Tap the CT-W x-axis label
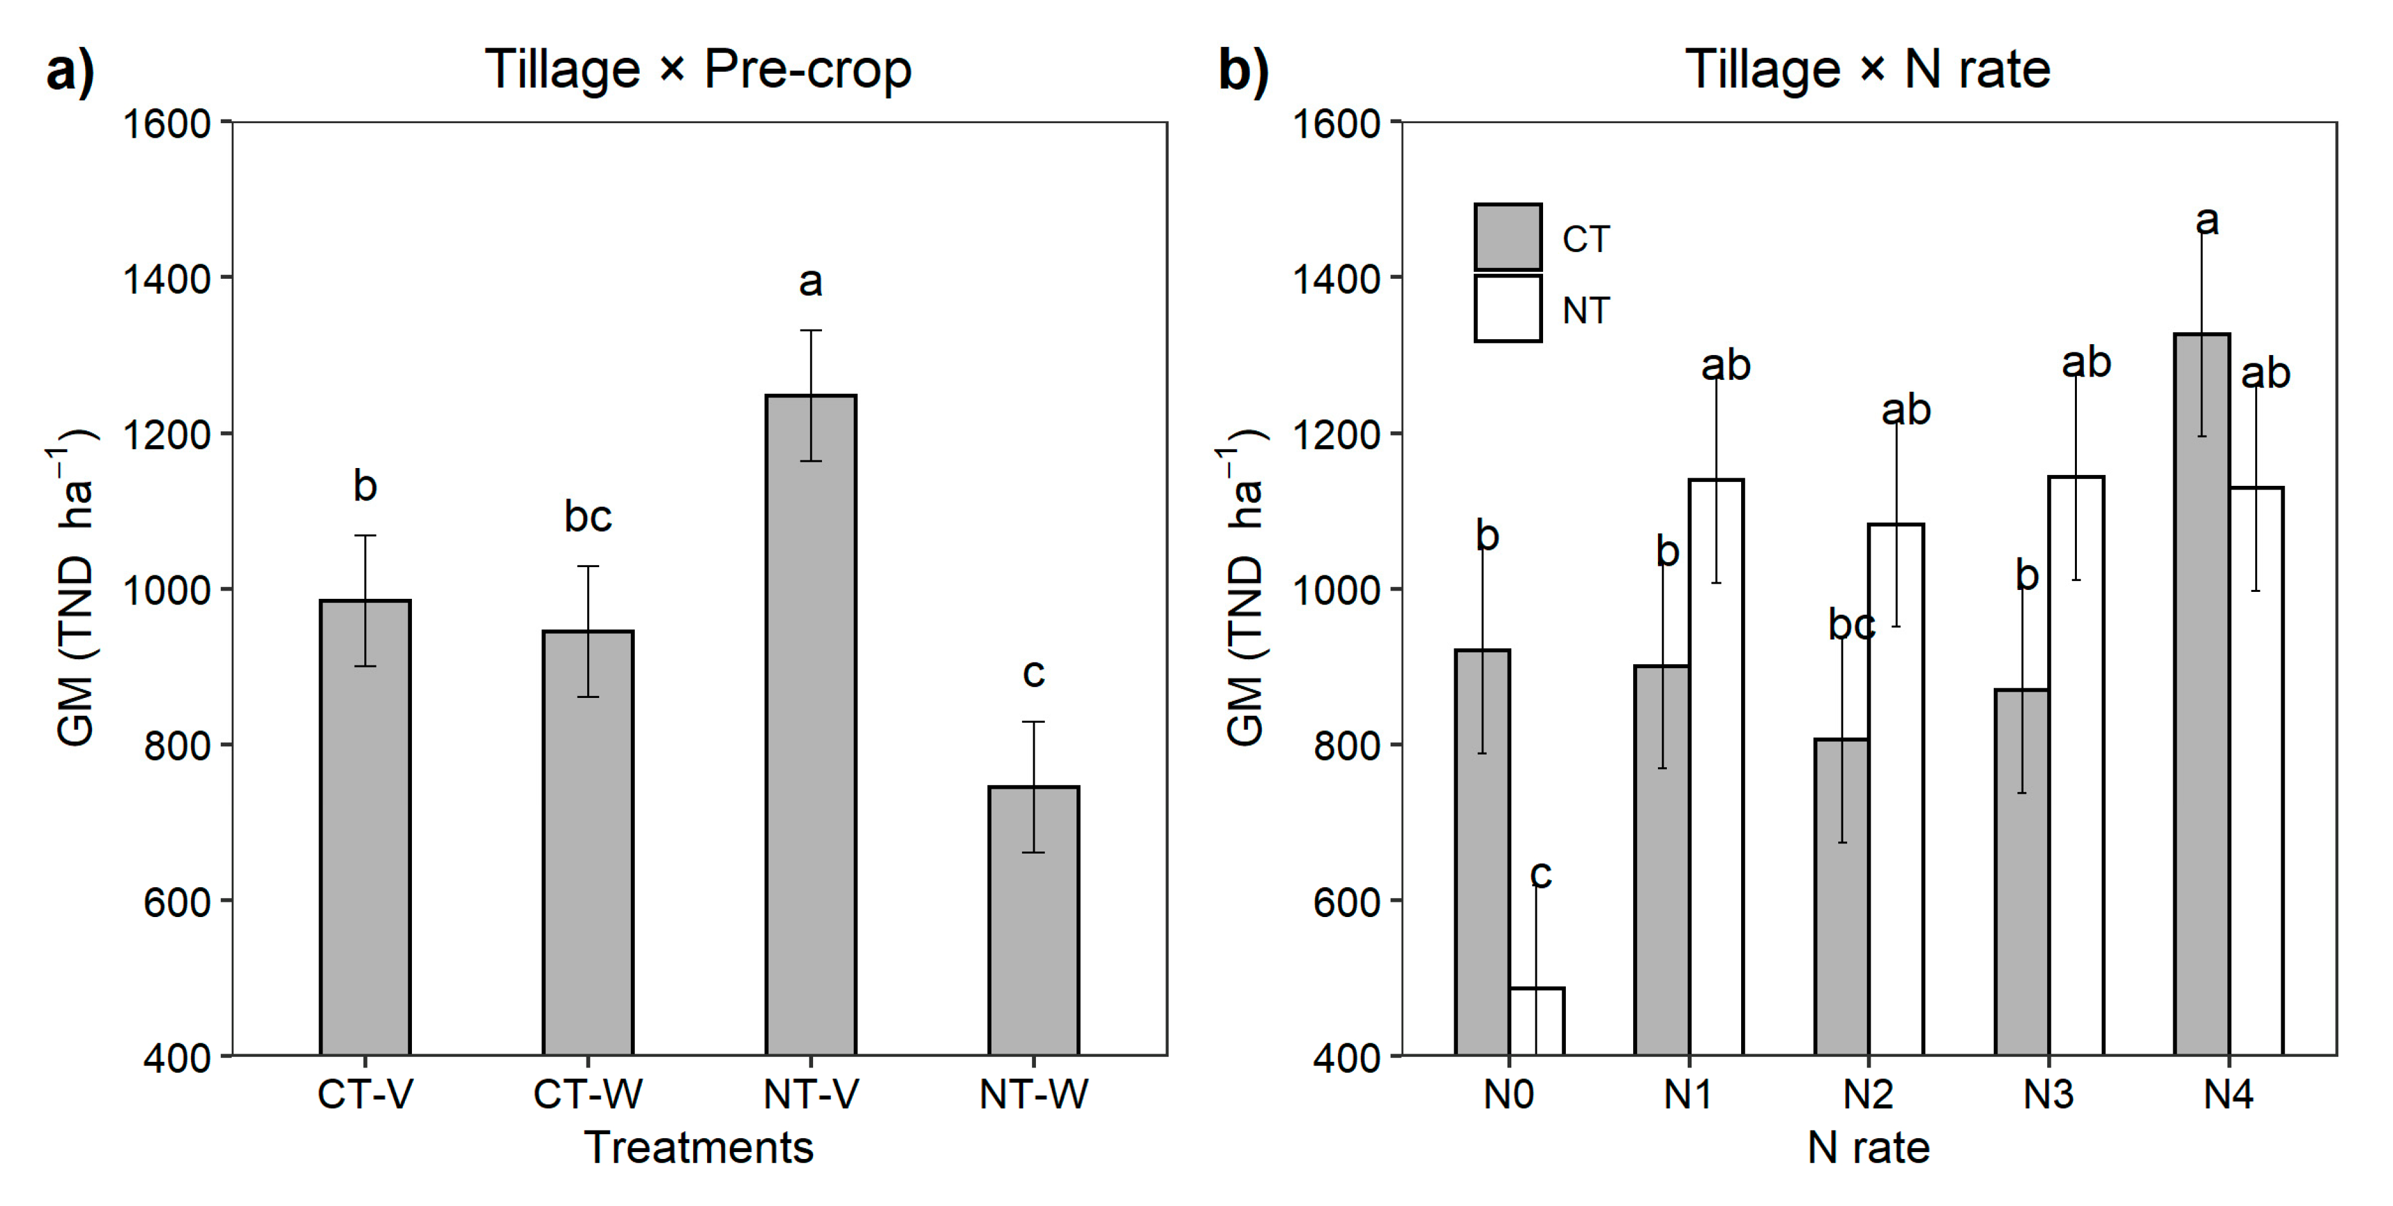tap(587, 1094)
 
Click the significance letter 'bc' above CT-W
tap(587, 516)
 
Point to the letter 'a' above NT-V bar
tap(810, 281)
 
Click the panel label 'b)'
tap(1243, 70)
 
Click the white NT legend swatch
tap(1507, 309)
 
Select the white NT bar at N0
tap(1537, 1021)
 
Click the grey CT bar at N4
tap(2202, 697)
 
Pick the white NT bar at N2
tap(1896, 790)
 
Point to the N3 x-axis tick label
tap(2048, 1094)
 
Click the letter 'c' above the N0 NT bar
tap(1540, 873)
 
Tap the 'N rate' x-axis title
tap(1868, 1148)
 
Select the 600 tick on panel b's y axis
tap(1345, 901)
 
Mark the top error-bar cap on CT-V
tap(364, 535)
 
